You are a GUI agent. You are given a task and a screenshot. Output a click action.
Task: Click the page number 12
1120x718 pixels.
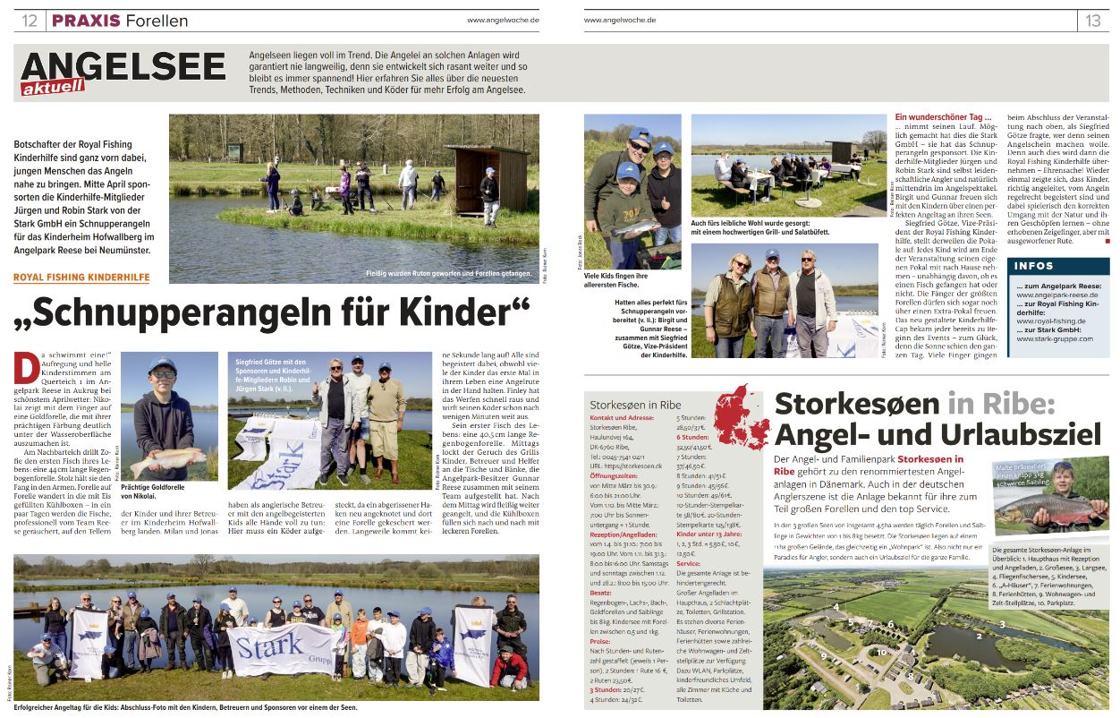30,21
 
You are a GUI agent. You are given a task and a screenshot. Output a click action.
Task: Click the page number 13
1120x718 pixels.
1093,21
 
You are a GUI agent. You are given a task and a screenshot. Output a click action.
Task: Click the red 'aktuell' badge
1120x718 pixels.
54,87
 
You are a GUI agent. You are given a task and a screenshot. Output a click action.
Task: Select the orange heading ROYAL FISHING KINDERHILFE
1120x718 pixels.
81,278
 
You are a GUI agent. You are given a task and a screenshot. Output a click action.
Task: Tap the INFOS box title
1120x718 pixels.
1035,266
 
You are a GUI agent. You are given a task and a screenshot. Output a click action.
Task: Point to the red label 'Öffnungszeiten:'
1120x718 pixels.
615,475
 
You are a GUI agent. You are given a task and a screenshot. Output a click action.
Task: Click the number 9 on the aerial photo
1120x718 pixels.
823,655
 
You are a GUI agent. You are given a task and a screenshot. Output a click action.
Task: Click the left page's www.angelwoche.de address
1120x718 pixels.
502,20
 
